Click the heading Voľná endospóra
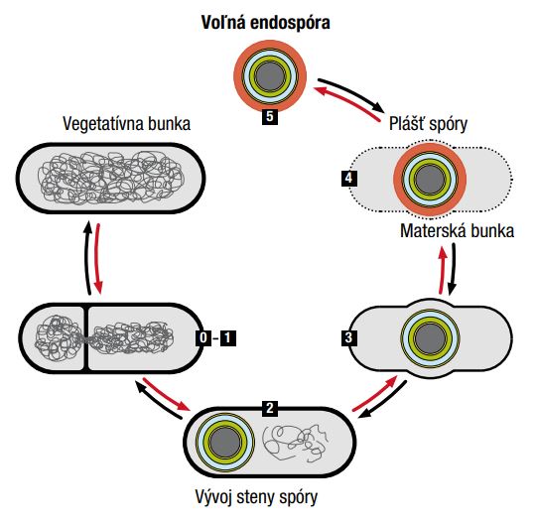tap(265, 23)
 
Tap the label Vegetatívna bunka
tap(127, 123)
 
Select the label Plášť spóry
tap(428, 123)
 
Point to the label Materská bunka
tap(457, 230)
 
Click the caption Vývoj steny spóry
tap(256, 496)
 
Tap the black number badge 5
tap(270, 117)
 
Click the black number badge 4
tap(349, 178)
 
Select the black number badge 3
tap(349, 337)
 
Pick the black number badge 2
tap(270, 408)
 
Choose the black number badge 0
tap(203, 338)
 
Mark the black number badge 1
tap(227, 338)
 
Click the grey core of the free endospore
tap(270, 76)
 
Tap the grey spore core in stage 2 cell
tap(225, 443)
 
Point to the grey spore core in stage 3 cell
tap(430, 338)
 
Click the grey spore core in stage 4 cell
tap(430, 180)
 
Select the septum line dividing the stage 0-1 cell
tap(86, 338)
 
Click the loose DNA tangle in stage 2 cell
tap(296, 443)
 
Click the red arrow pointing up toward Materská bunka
tap(443, 270)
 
